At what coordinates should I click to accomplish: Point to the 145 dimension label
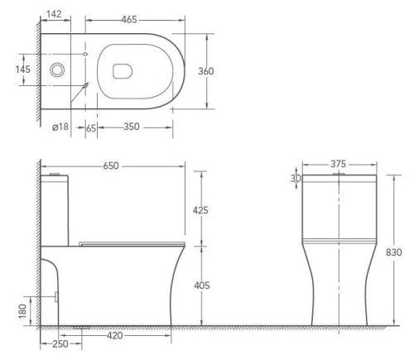[x=23, y=70]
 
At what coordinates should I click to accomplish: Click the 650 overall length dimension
[x=111, y=166]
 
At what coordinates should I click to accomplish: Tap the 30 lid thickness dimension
[x=295, y=180]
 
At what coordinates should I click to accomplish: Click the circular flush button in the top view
[x=57, y=70]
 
